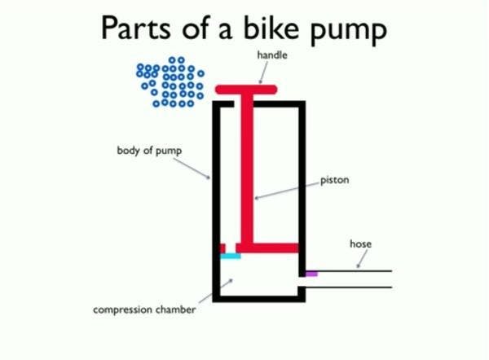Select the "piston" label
point(334,179)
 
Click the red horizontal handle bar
point(246,88)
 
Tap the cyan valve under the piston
point(231,256)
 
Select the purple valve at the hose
point(311,274)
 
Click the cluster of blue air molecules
point(171,81)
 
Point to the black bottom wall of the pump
point(258,297)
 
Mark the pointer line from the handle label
point(261,72)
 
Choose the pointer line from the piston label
point(285,189)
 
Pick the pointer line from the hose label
point(361,260)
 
